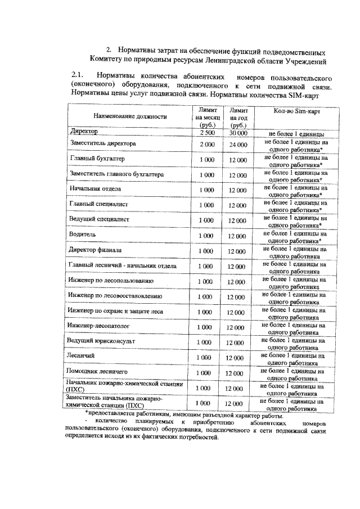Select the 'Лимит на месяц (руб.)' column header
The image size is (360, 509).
tap(206, 118)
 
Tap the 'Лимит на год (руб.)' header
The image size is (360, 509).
tap(238, 118)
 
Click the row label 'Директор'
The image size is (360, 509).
tap(84, 131)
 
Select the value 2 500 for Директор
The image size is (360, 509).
tap(206, 133)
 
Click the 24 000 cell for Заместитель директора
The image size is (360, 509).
tap(238, 145)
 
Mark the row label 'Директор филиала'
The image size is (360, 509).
tap(96, 249)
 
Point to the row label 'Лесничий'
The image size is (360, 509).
tap(78, 357)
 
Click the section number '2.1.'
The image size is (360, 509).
tap(78, 74)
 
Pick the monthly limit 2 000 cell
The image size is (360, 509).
tap(206, 145)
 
